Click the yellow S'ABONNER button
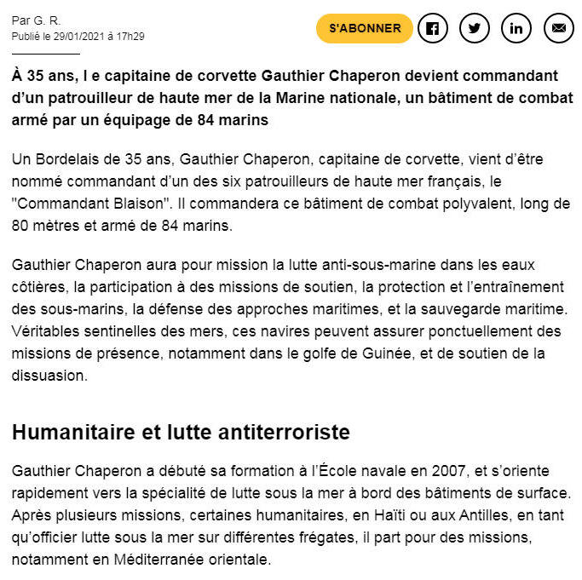pyautogui.click(x=365, y=28)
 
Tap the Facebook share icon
pyautogui.click(x=432, y=28)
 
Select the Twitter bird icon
pyautogui.click(x=475, y=28)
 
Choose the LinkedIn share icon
pyautogui.click(x=516, y=28)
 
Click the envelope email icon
pyautogui.click(x=559, y=28)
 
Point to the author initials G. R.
pyautogui.click(x=48, y=20)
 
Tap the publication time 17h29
pyautogui.click(x=130, y=36)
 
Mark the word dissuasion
pyautogui.click(x=49, y=375)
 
